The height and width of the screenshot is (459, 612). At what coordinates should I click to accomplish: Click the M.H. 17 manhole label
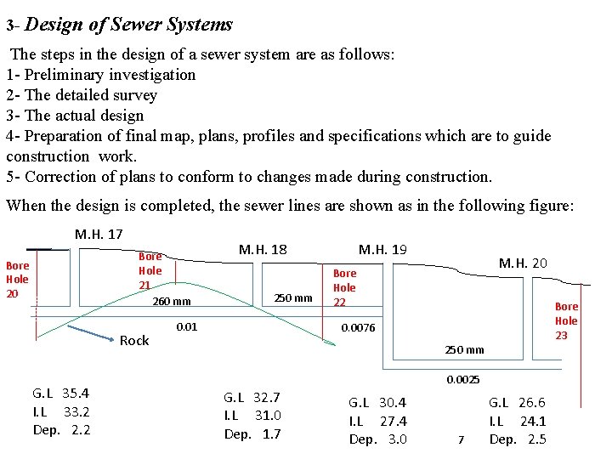pyautogui.click(x=99, y=234)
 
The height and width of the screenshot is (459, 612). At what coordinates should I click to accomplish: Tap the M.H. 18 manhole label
pyautogui.click(x=263, y=250)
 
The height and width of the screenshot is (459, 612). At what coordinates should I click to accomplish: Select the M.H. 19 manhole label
pyautogui.click(x=382, y=250)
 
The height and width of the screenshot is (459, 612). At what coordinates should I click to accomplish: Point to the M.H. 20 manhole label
pyautogui.click(x=523, y=263)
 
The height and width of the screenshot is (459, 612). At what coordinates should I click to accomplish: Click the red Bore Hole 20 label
pyautogui.click(x=17, y=279)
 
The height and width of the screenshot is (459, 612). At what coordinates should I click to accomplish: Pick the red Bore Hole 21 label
pyautogui.click(x=150, y=270)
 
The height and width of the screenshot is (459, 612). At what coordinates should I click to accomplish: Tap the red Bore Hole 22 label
pyautogui.click(x=344, y=287)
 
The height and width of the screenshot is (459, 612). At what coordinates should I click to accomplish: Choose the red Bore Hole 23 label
pyautogui.click(x=566, y=320)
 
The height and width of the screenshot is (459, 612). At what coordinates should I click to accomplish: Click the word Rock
pyautogui.click(x=134, y=341)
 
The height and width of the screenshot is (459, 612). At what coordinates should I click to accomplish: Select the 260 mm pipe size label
pyautogui.click(x=171, y=302)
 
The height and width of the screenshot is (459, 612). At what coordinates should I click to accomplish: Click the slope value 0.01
pyautogui.click(x=186, y=326)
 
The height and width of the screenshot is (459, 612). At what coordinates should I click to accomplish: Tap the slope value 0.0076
pyautogui.click(x=357, y=328)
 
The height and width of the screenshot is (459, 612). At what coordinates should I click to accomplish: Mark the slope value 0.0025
pyautogui.click(x=463, y=379)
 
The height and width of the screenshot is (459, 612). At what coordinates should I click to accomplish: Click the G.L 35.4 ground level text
pyautogui.click(x=61, y=393)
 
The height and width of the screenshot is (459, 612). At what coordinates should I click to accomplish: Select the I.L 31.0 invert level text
pyautogui.click(x=252, y=416)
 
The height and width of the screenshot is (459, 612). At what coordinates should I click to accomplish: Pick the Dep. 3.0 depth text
pyautogui.click(x=378, y=439)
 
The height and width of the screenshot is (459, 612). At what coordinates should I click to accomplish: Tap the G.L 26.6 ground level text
pyautogui.click(x=517, y=402)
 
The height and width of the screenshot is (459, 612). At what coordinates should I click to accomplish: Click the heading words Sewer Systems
pyautogui.click(x=183, y=25)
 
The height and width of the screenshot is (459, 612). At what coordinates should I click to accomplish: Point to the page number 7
pyautogui.click(x=461, y=439)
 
